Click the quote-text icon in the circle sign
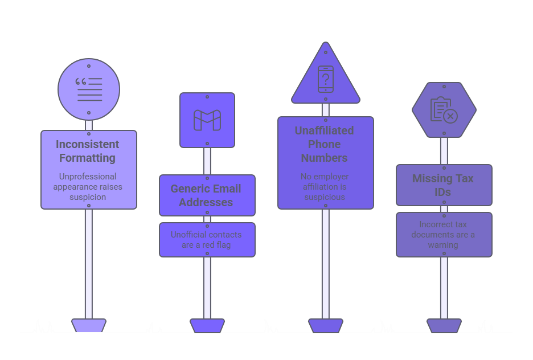89,89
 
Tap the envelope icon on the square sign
207,120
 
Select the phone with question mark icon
325,79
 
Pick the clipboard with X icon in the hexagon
444,110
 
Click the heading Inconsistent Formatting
88,151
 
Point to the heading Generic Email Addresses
207,195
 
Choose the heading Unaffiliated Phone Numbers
325,144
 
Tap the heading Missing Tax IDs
443,185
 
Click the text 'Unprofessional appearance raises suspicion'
88,186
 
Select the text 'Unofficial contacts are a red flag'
206,239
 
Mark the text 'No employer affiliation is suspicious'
325,187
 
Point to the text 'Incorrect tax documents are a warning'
443,235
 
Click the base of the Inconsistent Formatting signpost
89,325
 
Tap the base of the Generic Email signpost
207,325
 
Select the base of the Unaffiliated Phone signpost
326,325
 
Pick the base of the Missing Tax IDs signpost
444,325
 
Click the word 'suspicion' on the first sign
88,197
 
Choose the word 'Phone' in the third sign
325,144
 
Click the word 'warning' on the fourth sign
443,245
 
